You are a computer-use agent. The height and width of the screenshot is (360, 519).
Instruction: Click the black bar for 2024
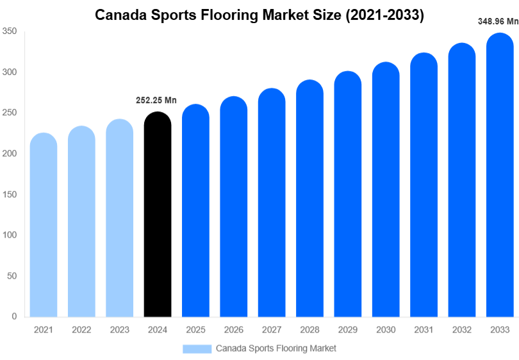[158, 215]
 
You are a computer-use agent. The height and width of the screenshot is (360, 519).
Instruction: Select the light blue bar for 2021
[44, 225]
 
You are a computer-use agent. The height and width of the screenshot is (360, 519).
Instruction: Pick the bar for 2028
[309, 199]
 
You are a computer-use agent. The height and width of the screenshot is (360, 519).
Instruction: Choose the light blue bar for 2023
[120, 218]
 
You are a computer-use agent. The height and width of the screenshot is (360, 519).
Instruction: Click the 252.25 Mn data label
[156, 100]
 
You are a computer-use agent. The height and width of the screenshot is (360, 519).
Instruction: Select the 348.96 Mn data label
[498, 21]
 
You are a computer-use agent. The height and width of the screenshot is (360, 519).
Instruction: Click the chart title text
[259, 15]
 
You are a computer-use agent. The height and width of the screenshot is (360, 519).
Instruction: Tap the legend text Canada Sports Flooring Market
[276, 348]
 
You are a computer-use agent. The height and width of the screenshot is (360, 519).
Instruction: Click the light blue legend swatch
[197, 348]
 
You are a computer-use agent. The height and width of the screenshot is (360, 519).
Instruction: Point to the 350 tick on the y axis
[9, 31]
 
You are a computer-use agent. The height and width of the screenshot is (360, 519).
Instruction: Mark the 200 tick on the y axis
[9, 154]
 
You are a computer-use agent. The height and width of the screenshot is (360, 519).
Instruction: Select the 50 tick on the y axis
[12, 276]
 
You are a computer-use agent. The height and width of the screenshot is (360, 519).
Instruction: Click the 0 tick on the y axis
[13, 316]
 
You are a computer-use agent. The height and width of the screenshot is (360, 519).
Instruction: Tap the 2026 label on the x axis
[234, 330]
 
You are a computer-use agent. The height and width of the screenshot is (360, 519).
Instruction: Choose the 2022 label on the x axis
[81, 330]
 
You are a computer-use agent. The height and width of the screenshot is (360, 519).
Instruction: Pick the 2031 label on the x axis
[424, 330]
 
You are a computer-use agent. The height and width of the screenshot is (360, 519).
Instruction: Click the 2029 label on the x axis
[348, 330]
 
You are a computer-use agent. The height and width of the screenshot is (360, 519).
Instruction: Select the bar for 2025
[195, 211]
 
